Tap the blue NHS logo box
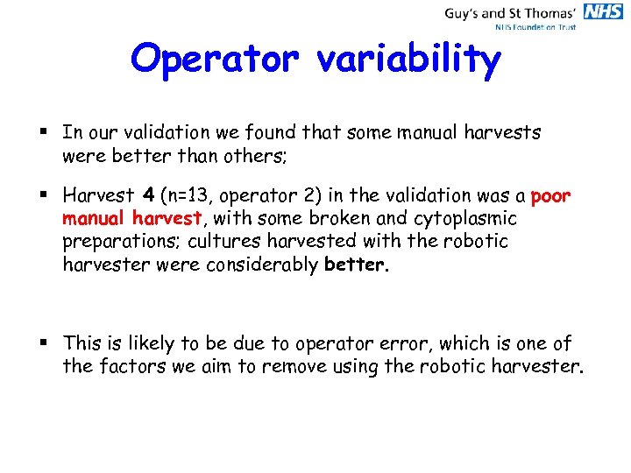coord(604,12)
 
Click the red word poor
coord(551,196)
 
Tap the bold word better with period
coord(356,265)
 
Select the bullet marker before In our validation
coord(46,133)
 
